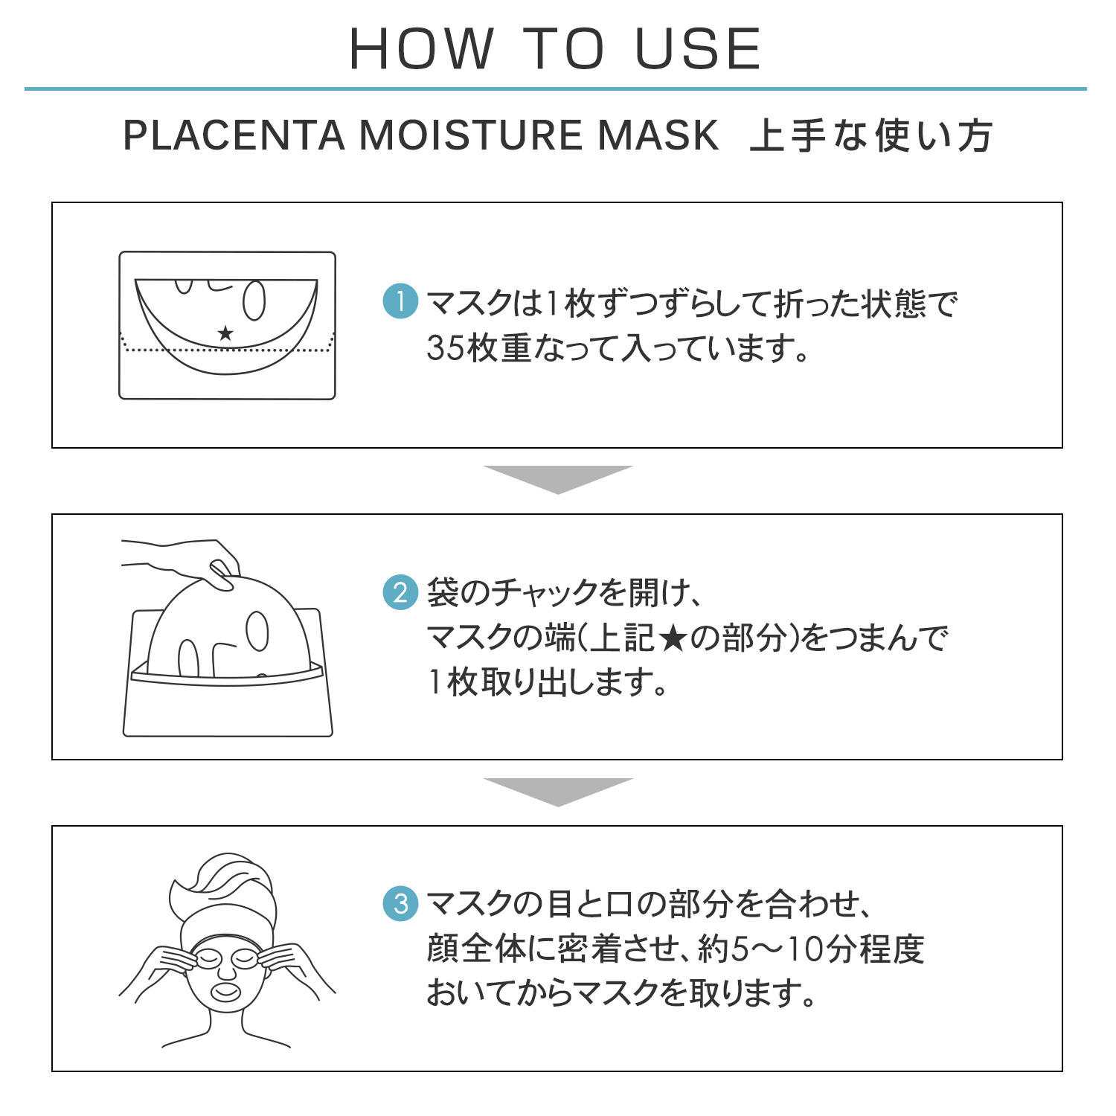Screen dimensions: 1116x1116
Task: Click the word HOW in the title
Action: click(421, 49)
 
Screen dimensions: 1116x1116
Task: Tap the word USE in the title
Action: click(698, 49)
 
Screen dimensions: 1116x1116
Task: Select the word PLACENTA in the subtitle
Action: click(234, 135)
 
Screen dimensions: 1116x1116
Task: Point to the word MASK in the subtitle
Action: click(659, 135)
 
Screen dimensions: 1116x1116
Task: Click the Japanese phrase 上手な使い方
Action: click(871, 135)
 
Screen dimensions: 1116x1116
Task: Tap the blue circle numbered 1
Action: click(400, 301)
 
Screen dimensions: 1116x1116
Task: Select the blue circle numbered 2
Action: click(400, 592)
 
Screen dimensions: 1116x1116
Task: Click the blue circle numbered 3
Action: click(400, 903)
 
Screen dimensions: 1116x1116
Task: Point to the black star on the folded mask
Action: click(225, 333)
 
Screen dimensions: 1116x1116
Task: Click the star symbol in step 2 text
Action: click(672, 638)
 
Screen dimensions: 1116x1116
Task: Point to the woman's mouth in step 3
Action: click(227, 992)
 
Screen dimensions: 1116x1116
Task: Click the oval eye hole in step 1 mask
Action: click(254, 300)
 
